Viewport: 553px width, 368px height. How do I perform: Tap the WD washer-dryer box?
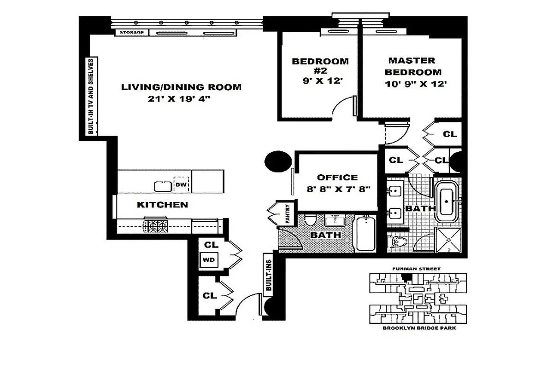point(209,259)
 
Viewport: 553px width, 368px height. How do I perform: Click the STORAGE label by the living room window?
point(132,33)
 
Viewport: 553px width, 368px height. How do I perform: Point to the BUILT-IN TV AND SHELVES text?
point(91,96)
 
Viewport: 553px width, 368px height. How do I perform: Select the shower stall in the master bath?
point(448,240)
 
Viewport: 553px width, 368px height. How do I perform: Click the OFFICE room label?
point(337,178)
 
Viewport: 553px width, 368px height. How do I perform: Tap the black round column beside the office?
point(278,161)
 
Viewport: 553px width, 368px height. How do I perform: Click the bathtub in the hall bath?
point(366,235)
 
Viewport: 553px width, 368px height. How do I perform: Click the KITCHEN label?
point(162,205)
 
